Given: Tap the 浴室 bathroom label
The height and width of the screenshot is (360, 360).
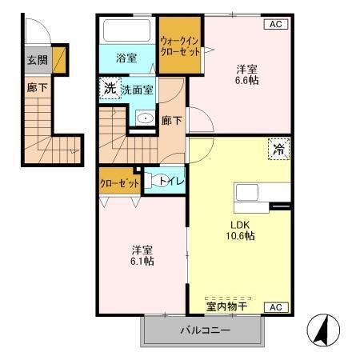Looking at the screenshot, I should click(126, 58).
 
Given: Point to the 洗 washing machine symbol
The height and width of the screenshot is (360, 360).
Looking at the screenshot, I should click(109, 89).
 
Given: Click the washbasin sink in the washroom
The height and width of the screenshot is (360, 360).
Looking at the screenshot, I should click(145, 118).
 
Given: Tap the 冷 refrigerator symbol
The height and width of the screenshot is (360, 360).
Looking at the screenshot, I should click(279, 149).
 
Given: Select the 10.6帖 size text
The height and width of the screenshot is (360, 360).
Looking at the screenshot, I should click(239, 236).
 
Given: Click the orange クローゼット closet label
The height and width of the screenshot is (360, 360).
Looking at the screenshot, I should click(118, 182).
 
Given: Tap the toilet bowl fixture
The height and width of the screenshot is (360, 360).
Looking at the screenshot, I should click(158, 181).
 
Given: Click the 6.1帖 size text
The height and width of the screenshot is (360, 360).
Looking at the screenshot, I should click(143, 262).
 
